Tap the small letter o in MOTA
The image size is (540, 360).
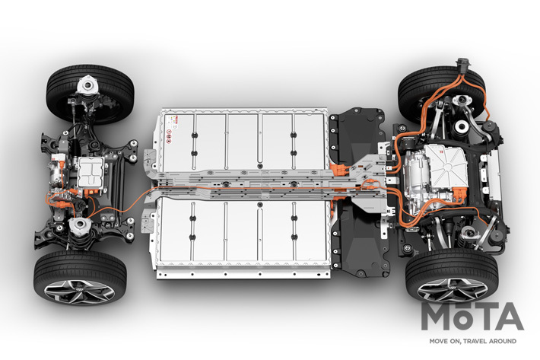tap(463, 320)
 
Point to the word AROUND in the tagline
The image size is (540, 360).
tap(504, 341)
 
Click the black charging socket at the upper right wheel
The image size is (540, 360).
tap(462, 65)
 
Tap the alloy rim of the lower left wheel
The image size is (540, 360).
tap(80, 292)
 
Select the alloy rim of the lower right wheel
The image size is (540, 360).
tap(453, 290)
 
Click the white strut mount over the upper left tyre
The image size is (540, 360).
tap(87, 84)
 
